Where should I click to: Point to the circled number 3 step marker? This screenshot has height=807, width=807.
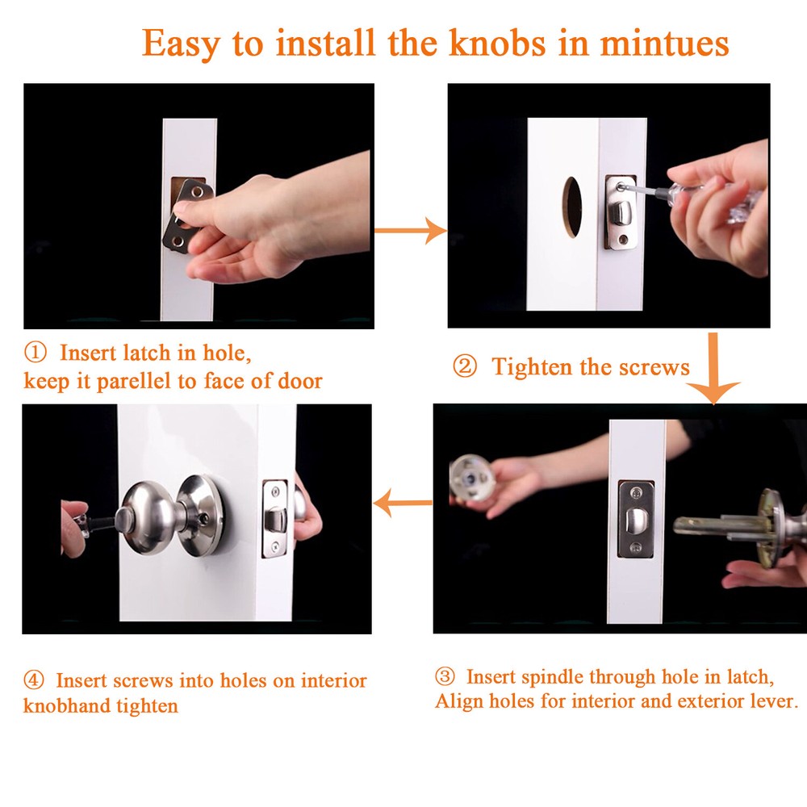445,675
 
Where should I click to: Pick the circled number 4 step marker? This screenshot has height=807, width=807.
34,680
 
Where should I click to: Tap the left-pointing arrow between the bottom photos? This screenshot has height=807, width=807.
403,506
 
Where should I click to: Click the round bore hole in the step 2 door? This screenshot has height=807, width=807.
572,207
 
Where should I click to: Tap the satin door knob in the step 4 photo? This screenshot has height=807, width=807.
149,516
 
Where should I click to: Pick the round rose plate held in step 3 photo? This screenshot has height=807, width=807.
472,478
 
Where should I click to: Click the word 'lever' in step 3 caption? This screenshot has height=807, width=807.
772,701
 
